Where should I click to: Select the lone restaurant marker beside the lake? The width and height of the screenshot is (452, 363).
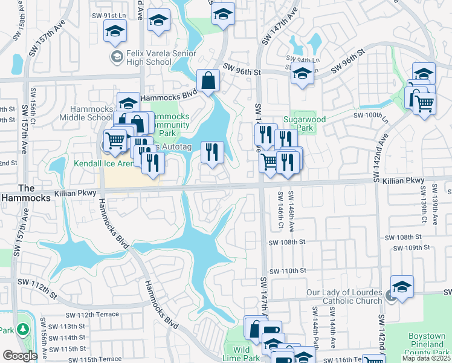pyautogui.click(x=211, y=153)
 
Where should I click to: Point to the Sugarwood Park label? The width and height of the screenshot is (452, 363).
pyautogui.click(x=309, y=123)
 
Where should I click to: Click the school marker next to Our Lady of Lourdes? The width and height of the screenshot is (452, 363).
pyautogui.click(x=402, y=287)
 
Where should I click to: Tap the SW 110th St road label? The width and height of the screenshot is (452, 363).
pyautogui.click(x=289, y=271)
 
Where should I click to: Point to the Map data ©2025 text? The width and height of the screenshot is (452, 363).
pyautogui.click(x=426, y=358)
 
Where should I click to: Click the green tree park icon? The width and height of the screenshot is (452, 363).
pyautogui.click(x=23, y=330)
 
